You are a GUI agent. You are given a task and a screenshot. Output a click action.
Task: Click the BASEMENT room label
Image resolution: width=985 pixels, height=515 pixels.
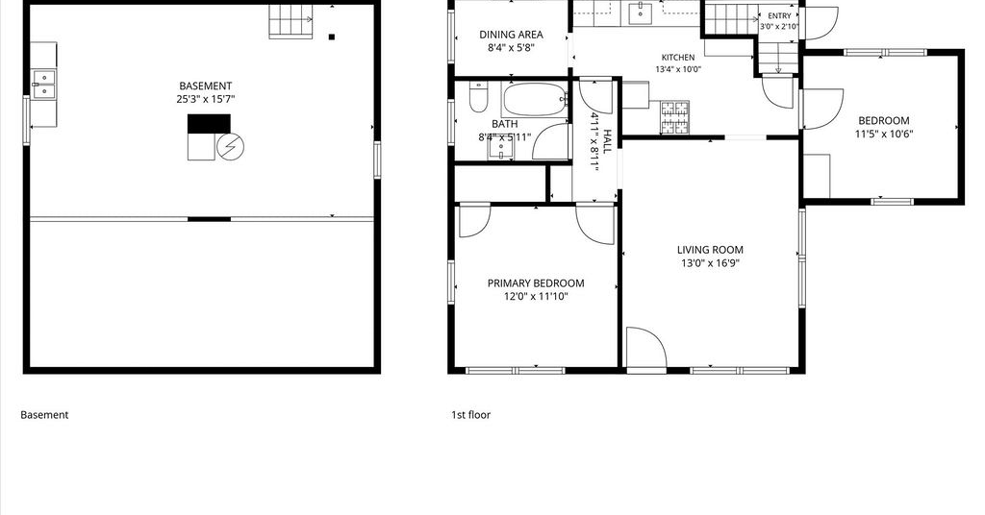pos(206,86)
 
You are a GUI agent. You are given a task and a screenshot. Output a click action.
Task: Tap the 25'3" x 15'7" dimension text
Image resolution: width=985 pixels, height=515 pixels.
pos(206,99)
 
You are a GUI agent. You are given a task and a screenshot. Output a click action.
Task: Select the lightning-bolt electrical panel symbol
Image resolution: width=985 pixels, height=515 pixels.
pos(231,147)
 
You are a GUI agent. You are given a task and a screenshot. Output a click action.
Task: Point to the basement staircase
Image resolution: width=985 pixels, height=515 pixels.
pos(290,21)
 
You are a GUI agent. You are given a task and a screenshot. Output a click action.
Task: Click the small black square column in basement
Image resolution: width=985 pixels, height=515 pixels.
pos(332,37)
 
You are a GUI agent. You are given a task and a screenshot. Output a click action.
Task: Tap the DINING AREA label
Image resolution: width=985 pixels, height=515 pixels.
pos(512,35)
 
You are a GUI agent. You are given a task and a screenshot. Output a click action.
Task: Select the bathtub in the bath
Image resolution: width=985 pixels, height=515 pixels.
pos(535,100)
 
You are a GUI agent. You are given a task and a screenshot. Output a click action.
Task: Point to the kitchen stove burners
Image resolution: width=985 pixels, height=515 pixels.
pos(674,117)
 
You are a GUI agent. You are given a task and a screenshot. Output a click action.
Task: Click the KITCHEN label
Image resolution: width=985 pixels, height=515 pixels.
pos(678,57)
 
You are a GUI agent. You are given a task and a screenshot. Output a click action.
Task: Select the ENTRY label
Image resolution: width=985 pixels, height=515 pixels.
pos(779,15)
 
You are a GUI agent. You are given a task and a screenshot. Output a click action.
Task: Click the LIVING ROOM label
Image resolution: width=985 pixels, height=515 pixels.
pos(711,250)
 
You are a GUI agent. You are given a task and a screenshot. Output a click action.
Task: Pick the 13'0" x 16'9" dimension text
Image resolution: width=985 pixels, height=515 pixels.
pos(711,263)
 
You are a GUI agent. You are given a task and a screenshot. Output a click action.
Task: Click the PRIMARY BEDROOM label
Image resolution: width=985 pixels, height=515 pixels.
pos(536,283)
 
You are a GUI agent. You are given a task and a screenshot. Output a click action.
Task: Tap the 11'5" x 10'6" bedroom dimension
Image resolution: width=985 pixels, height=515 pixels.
pos(884,134)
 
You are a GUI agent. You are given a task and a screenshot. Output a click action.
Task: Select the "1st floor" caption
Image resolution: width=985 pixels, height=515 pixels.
pos(471,415)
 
